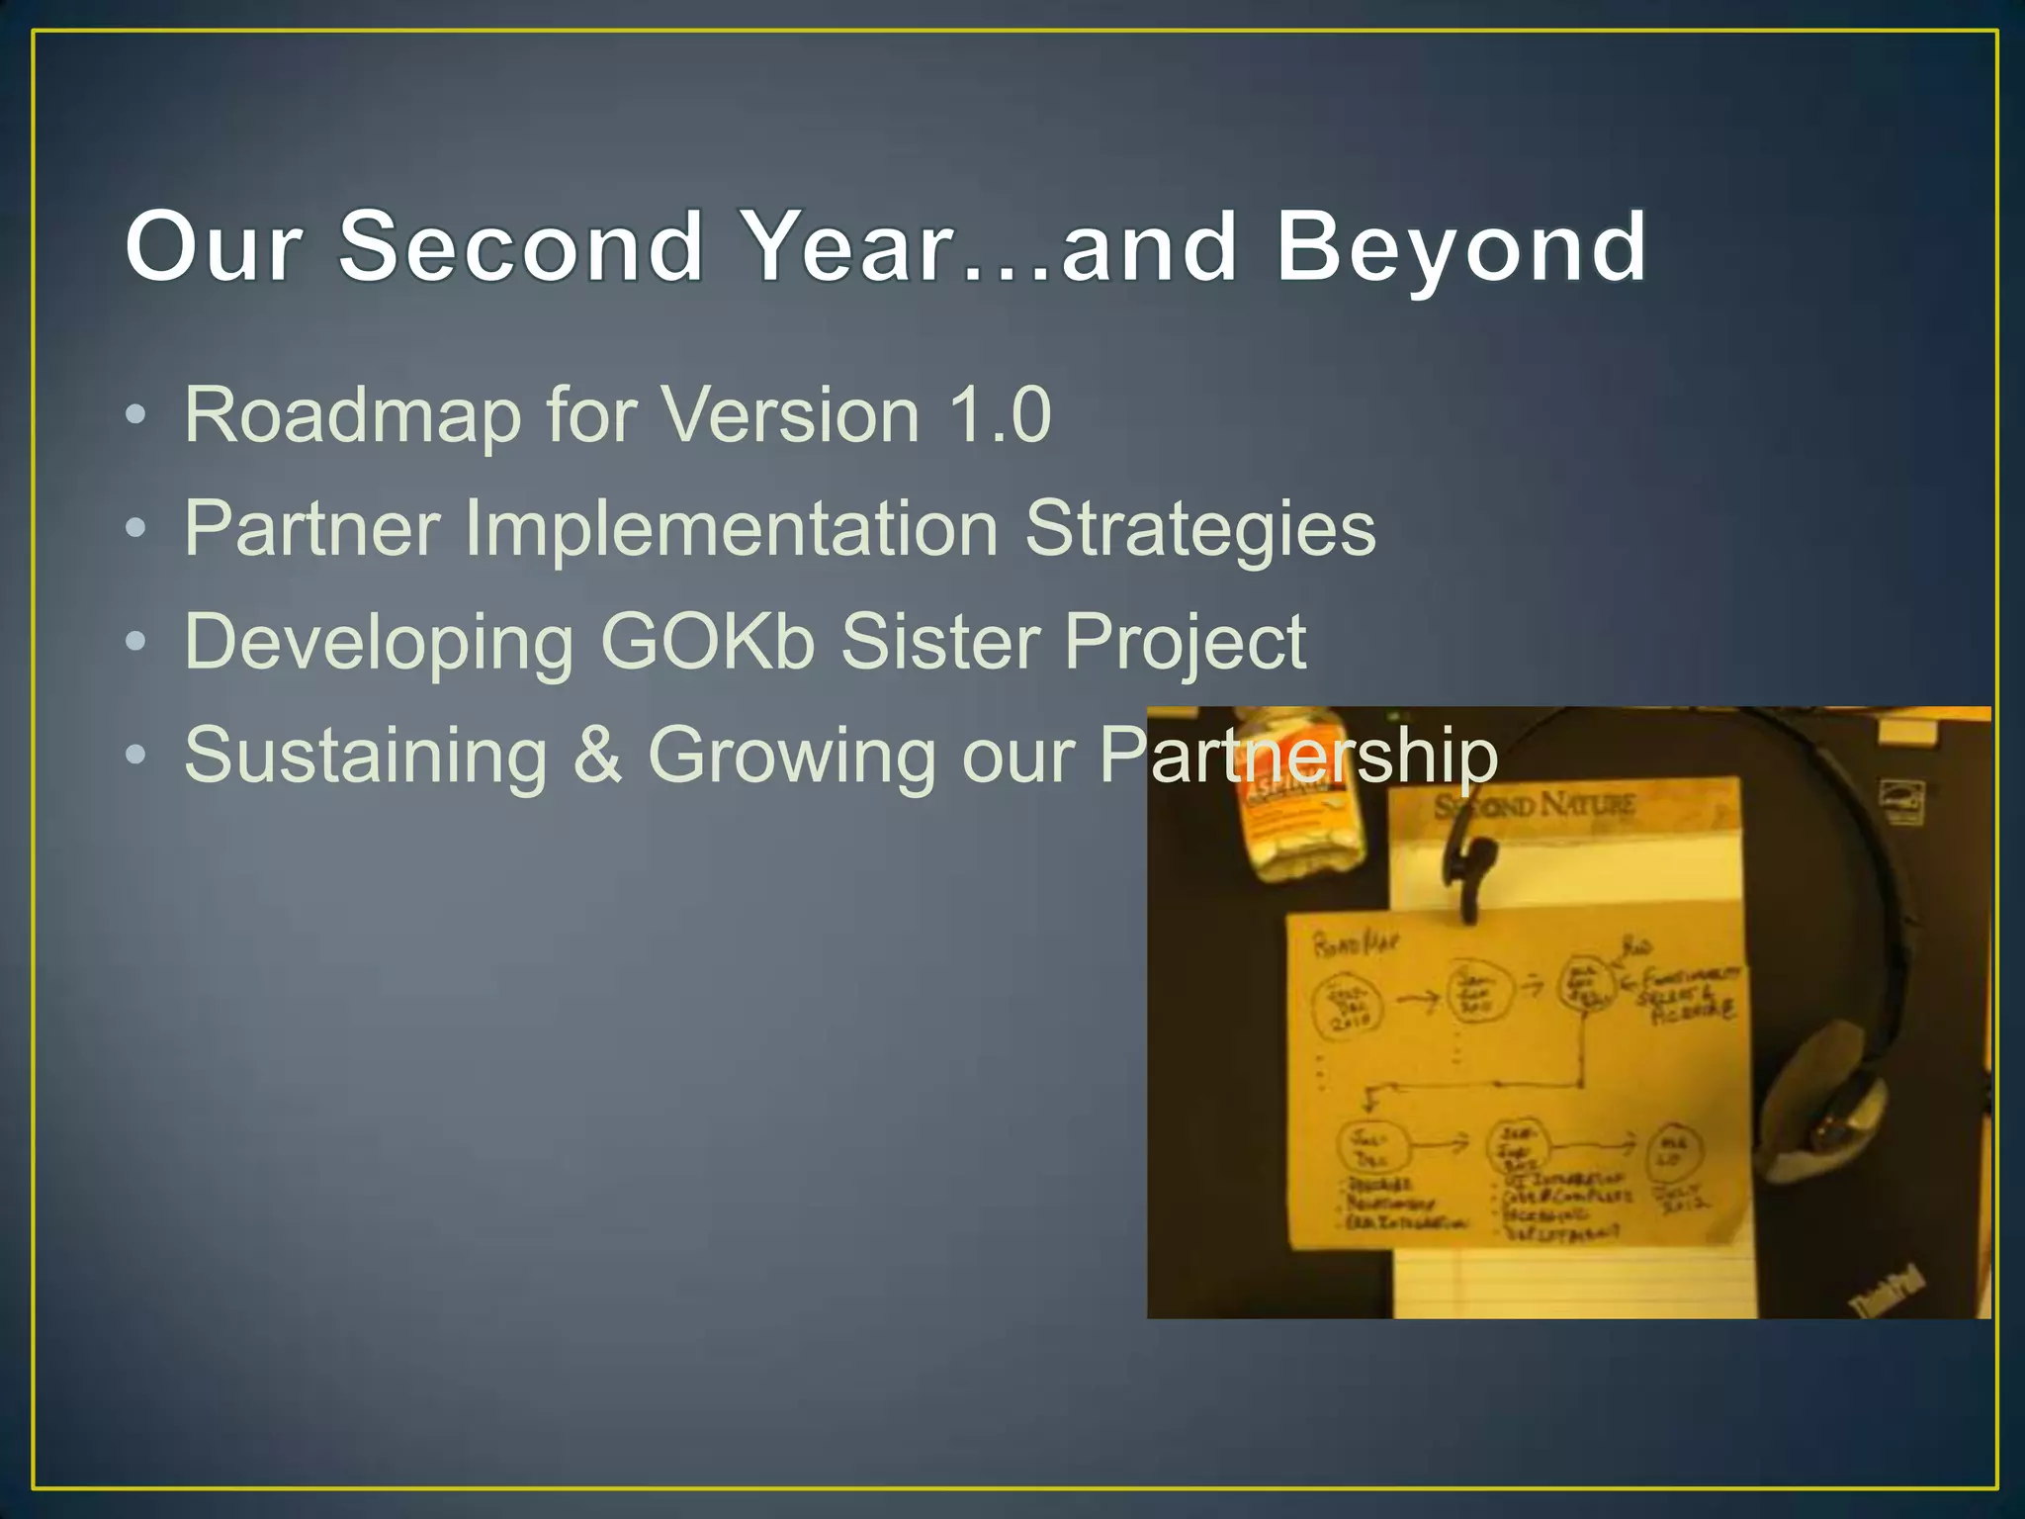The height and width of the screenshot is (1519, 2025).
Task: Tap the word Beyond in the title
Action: point(1461,247)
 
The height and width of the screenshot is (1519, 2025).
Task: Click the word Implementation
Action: point(731,528)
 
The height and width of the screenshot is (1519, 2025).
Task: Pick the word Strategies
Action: point(1199,530)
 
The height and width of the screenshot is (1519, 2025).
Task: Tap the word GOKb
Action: point(707,642)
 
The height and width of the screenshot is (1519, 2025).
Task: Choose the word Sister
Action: point(939,642)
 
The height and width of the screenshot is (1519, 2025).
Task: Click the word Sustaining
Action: point(366,756)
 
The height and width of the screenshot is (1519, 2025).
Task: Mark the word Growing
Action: point(791,758)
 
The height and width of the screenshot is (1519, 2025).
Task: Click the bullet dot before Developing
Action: point(136,644)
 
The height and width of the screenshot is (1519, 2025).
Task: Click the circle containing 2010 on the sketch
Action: point(1346,1005)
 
